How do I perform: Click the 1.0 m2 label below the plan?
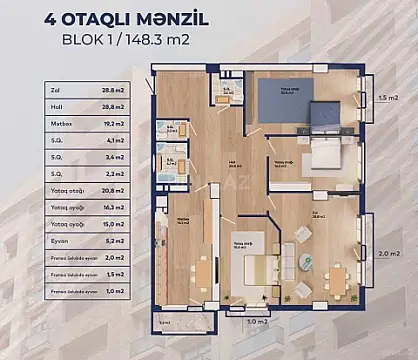(257, 322)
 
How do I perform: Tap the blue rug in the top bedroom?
(283, 103)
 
